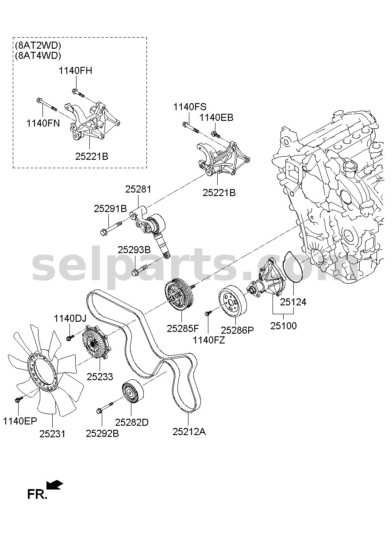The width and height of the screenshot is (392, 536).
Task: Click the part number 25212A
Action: pyautogui.click(x=189, y=432)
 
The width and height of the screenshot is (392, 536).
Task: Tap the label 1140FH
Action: pyautogui.click(x=75, y=71)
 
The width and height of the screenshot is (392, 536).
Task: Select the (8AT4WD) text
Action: pyautogui.click(x=38, y=55)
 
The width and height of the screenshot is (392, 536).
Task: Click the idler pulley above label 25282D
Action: pyautogui.click(x=133, y=394)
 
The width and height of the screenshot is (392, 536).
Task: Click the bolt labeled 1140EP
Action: pyautogui.click(x=19, y=399)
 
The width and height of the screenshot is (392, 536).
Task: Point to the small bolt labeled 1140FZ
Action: pyautogui.click(x=208, y=313)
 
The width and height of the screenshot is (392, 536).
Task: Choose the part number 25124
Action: pyautogui.click(x=293, y=302)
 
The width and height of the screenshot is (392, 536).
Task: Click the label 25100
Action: pyautogui.click(x=284, y=326)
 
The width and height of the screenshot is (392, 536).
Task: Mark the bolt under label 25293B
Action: pyautogui.click(x=140, y=270)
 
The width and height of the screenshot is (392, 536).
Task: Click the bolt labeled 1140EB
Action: pyautogui.click(x=215, y=134)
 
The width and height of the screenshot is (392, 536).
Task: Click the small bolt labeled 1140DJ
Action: pyautogui.click(x=70, y=338)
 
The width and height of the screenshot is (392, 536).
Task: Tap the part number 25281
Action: pyautogui.click(x=138, y=189)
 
